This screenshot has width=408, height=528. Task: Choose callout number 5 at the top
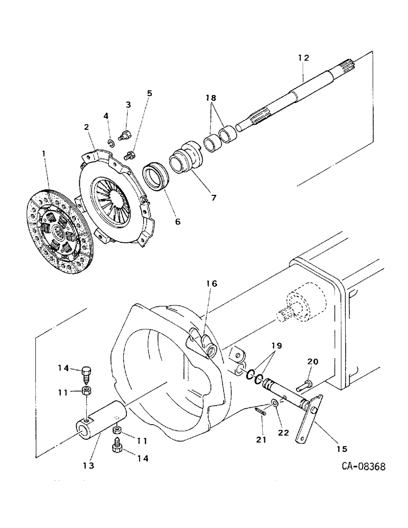[150, 93]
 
